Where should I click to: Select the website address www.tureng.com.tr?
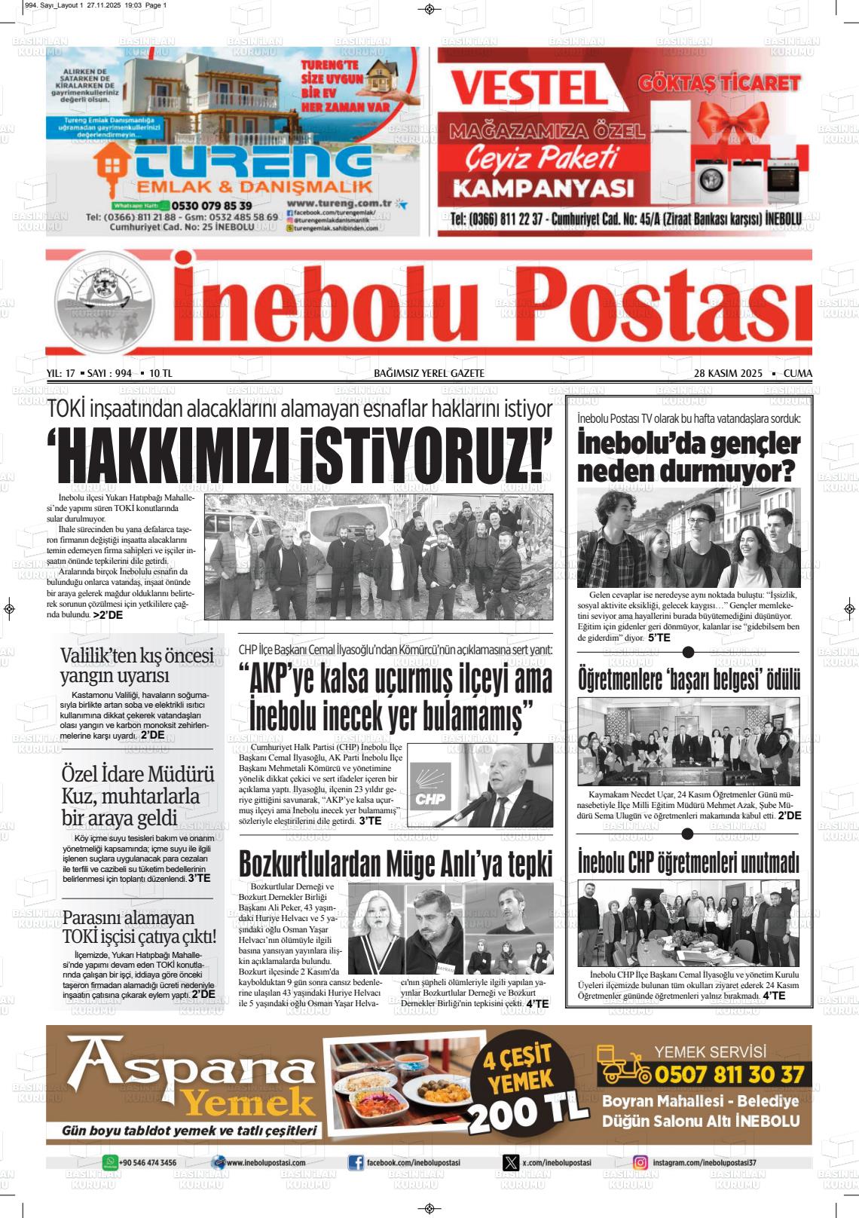[x=338, y=203]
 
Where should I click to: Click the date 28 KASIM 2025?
[x=728, y=374]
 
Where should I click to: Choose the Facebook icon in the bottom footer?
[x=356, y=1163]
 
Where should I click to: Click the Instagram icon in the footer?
[x=640, y=1163]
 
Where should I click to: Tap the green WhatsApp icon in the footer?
[x=110, y=1163]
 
